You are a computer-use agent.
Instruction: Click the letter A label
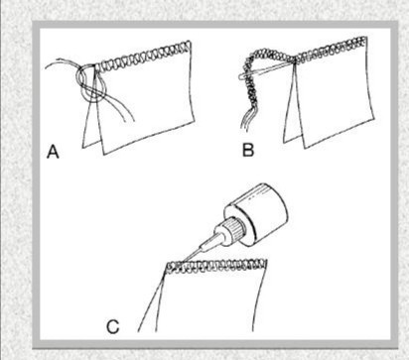[x=53, y=152]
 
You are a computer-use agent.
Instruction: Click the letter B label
[x=248, y=150]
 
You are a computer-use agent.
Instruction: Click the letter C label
[x=113, y=326]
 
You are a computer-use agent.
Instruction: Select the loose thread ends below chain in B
[x=245, y=122]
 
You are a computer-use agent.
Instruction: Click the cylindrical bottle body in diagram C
[x=261, y=214]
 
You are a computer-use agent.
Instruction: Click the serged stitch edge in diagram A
[x=143, y=57]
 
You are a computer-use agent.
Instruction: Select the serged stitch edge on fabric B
[x=331, y=50]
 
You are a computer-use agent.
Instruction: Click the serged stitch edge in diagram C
[x=216, y=265]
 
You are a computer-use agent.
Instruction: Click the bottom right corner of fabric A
[x=195, y=121]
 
